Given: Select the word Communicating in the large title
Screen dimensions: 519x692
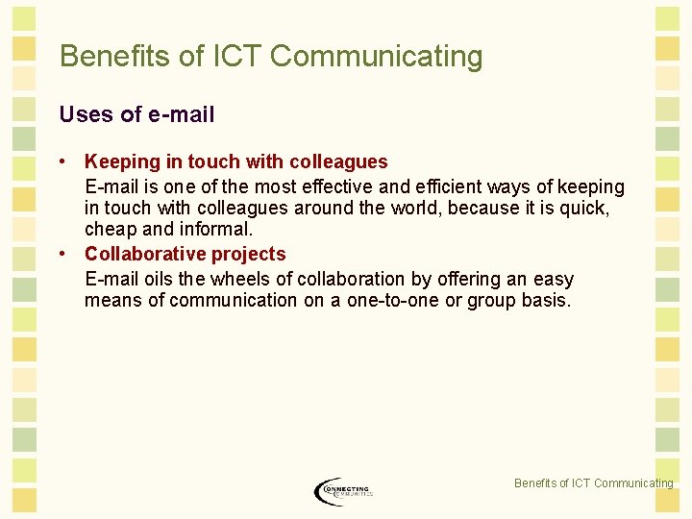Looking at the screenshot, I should pyautogui.click(x=377, y=56).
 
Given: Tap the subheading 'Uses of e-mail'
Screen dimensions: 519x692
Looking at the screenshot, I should pyautogui.click(x=136, y=114).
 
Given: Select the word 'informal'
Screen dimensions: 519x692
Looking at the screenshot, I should pyautogui.click(x=216, y=230).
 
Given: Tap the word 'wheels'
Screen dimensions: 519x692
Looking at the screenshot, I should pyautogui.click(x=243, y=279).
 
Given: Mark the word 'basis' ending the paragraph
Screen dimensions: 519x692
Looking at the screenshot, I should pyautogui.click(x=545, y=300).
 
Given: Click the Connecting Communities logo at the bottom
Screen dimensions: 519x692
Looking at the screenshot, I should pyautogui.click(x=343, y=491).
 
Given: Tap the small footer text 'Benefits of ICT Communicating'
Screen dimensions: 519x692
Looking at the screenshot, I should pyautogui.click(x=593, y=483).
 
